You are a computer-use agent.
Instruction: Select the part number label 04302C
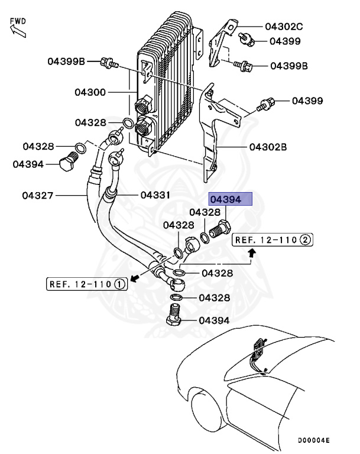tap(283, 27)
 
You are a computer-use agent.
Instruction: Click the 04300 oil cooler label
tap(90, 92)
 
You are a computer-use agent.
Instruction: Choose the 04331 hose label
tap(155, 194)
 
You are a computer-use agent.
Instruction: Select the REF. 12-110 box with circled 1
tap(86, 284)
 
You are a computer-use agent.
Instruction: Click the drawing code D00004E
tap(313, 441)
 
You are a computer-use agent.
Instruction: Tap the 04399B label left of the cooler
tap(67, 60)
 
